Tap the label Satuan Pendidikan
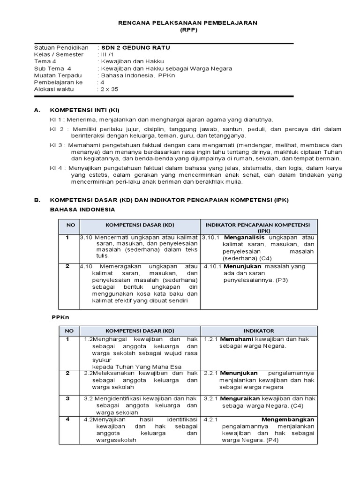[x=61, y=48]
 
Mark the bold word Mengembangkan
[x=288, y=420]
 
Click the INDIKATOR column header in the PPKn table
[x=259, y=330]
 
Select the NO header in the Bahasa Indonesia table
[x=70, y=225]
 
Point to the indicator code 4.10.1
[x=213, y=266]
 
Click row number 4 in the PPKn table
[x=67, y=419]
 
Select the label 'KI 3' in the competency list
[x=56, y=145]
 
